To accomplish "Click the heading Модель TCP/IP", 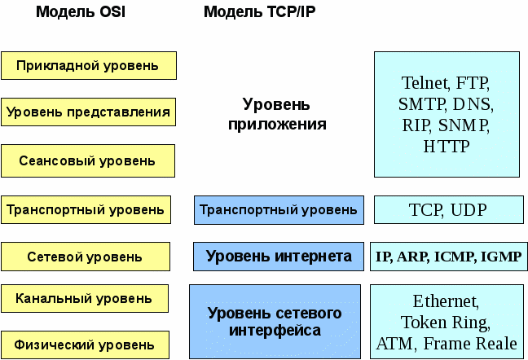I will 259,13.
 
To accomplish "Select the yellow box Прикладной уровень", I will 88,65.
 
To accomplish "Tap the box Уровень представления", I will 88,112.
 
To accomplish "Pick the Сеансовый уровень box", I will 88,161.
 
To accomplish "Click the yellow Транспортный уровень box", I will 86,210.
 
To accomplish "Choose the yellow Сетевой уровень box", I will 85,257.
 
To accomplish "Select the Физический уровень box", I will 85,345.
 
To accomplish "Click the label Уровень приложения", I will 277,115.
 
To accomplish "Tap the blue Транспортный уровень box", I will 279,210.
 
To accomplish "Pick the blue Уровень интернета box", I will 279,257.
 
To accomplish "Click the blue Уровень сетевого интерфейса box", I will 275,322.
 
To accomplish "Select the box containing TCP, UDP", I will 447,210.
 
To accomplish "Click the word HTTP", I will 447,147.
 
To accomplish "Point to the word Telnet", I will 425,83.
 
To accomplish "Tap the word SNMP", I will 467,125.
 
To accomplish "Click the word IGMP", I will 501,257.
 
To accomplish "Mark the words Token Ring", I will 446,322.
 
